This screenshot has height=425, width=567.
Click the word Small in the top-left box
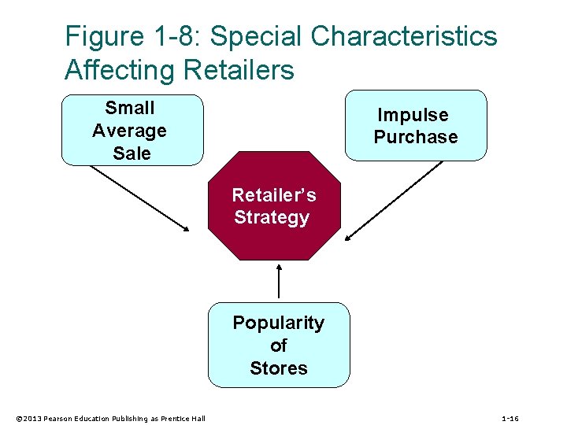(130, 108)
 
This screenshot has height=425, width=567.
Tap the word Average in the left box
(130, 131)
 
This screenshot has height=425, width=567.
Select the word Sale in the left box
(132, 153)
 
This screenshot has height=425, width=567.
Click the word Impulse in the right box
(413, 115)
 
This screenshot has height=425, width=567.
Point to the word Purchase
(416, 137)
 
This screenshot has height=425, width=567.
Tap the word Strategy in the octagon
(272, 217)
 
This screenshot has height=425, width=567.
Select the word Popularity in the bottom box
(278, 323)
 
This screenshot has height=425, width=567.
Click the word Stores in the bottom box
(278, 368)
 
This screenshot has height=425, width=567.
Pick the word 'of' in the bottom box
(278, 346)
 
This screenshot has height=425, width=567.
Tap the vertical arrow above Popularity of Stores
(279, 281)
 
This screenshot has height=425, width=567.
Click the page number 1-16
(510, 419)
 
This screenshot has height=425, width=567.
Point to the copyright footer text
(110, 419)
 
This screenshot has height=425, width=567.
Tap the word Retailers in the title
(239, 70)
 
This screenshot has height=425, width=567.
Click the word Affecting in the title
(120, 70)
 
